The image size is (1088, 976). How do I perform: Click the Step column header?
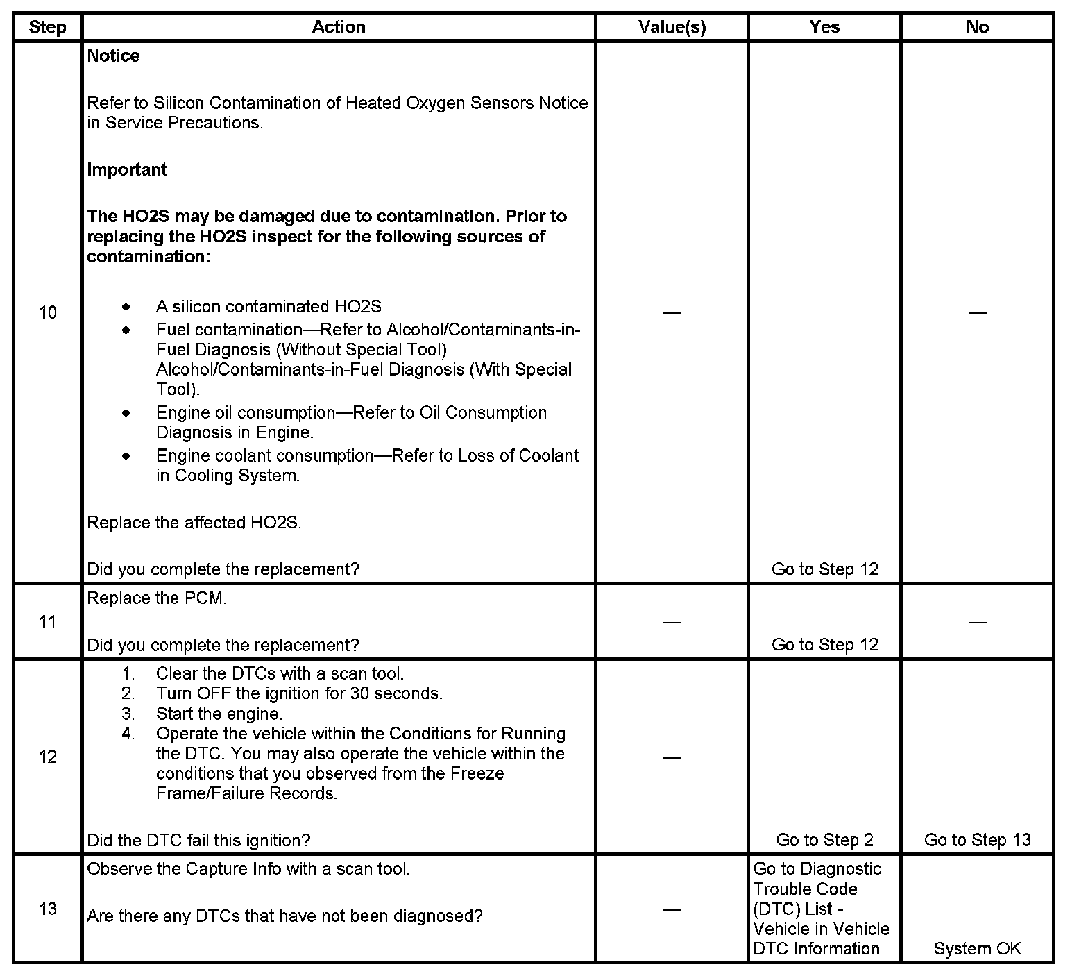coord(47,27)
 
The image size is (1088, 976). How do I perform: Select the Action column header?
coord(339,27)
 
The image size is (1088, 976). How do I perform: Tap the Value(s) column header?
coord(672,27)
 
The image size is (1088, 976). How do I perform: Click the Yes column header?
coord(824,27)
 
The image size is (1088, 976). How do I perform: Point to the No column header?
coord(977,27)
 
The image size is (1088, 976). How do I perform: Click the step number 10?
coord(47,312)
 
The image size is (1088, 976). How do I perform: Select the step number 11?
coord(47,621)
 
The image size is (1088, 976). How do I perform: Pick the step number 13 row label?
coord(47,909)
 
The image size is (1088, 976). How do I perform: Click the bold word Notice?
coord(113,56)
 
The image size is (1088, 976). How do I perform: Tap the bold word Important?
coord(127,169)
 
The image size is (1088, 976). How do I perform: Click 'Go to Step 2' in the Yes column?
coord(824,840)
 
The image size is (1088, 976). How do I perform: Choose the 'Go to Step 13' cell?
coord(977,840)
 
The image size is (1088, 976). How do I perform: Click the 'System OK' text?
coord(977,949)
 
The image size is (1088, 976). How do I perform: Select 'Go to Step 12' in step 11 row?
coord(824,645)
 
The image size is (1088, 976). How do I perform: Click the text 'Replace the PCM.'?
coord(156,598)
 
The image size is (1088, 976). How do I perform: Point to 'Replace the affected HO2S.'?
coord(194,523)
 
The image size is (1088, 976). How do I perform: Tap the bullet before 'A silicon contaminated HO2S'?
coord(126,306)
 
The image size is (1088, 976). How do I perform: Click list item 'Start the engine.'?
coord(219,714)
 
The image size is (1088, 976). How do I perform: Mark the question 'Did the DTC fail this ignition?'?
coord(198,840)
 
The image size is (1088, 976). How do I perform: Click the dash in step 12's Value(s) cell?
coord(672,757)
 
